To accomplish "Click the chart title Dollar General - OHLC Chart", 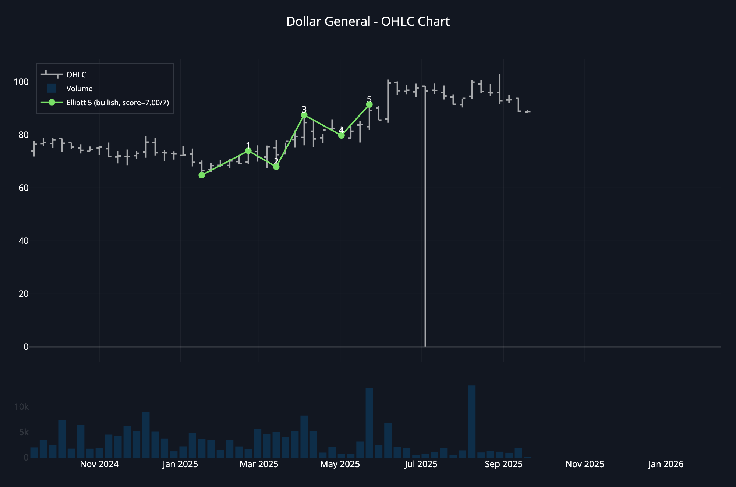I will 368,22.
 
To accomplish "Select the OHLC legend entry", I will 76,75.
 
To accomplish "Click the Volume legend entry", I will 79,89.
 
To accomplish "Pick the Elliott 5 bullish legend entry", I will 117,103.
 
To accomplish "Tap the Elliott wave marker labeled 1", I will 248,151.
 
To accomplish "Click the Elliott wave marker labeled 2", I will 276,167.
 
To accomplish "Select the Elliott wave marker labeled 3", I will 304,115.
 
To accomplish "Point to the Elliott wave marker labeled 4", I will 342,135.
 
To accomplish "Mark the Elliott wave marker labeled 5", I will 369,105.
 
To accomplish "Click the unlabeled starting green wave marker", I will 202,175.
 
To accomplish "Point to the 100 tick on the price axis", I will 21,82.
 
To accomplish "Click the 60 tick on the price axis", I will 24,188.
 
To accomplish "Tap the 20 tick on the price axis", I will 24,294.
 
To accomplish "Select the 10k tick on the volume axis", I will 21,407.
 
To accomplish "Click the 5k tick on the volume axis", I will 24,432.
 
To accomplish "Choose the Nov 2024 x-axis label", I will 99,464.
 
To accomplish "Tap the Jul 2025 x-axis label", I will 421,464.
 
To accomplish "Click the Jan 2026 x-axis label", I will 666,464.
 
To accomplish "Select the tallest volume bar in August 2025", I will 472,422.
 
